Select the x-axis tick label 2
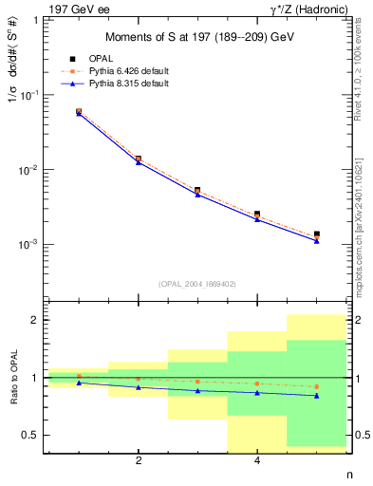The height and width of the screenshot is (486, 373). click(139, 461)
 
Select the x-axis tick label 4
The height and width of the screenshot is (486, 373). click(257, 461)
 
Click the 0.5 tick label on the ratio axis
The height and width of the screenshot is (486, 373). click(28, 435)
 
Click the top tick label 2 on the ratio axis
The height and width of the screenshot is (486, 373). click(33, 320)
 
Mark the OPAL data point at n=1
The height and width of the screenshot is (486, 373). click(79, 111)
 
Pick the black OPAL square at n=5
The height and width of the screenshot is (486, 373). click(317, 234)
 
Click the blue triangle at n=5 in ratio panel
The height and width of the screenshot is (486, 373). click(317, 396)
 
